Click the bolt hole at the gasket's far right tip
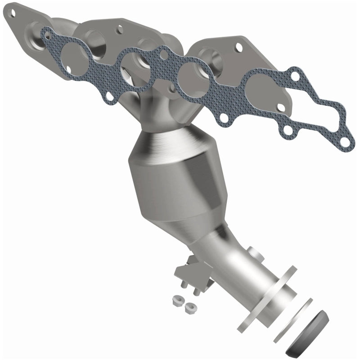(x=344, y=142)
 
